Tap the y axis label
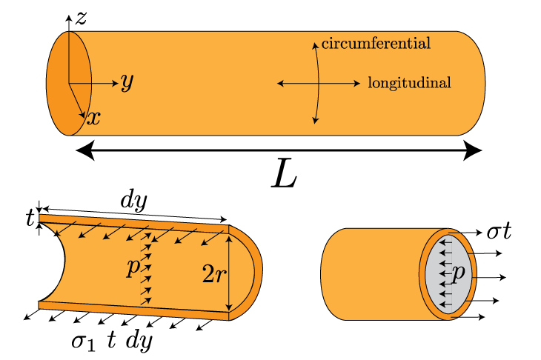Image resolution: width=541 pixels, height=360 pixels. point(127,82)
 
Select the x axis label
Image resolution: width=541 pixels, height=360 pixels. point(93,117)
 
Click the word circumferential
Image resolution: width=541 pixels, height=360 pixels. point(376,44)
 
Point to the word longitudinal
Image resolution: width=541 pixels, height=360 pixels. point(409,82)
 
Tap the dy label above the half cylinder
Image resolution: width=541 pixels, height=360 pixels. point(134,200)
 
